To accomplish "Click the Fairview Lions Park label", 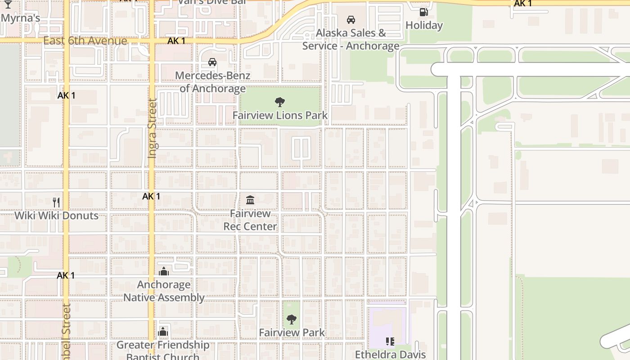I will pos(280,115).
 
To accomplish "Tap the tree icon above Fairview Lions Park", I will pos(280,102).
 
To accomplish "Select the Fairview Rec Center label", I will pos(250,220).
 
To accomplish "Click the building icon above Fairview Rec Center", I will pos(250,200).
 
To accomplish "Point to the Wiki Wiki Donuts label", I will pos(56,216).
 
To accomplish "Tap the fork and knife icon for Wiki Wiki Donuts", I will pos(56,202).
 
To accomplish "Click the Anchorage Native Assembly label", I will pos(164,291).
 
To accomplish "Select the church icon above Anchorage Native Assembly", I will pos(164,271).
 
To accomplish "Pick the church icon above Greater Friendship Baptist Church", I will pos(163,332).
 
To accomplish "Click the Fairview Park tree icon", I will pos(292,319).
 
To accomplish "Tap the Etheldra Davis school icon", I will pos(390,342).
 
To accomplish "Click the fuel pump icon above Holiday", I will pos(423,12).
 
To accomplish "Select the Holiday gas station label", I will pos(424,25).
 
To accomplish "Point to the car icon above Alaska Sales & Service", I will pos(351,19).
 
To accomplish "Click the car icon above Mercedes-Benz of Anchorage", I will pos(212,62).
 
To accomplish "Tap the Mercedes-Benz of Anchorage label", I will pos(212,82).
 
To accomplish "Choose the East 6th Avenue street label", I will pos(85,41).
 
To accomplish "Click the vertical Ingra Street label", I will pos(152,128).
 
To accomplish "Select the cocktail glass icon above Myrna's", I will pos(8,4).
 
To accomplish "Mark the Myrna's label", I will pos(21,18).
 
